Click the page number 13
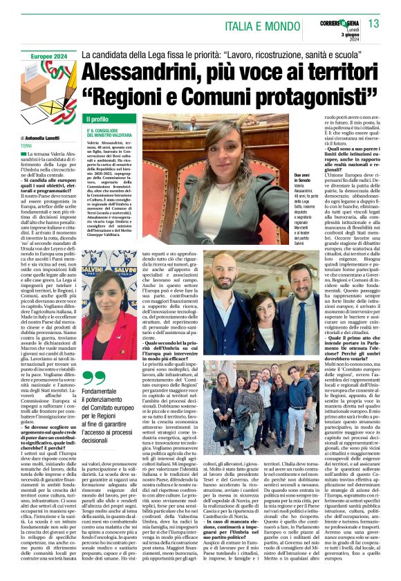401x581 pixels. [x=373, y=24]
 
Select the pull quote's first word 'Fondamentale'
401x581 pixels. [x=104, y=391]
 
